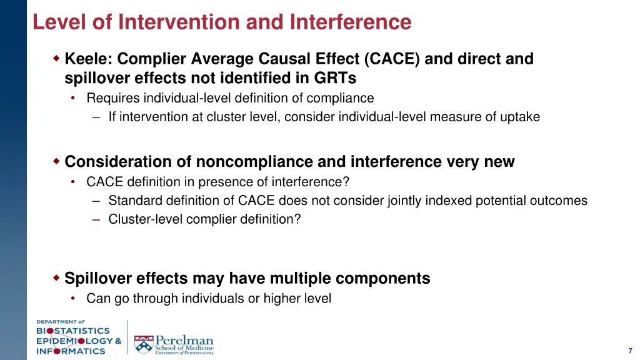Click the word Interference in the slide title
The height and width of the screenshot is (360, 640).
pos(351,22)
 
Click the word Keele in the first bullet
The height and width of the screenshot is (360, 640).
pos(87,59)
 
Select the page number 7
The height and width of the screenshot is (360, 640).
pos(630,351)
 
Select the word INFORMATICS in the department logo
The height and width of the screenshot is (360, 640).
pos(70,351)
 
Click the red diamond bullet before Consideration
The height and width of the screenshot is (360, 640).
pos(56,161)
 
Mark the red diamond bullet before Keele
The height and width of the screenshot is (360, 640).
pos(56,59)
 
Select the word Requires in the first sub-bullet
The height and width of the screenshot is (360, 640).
pos(113,98)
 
